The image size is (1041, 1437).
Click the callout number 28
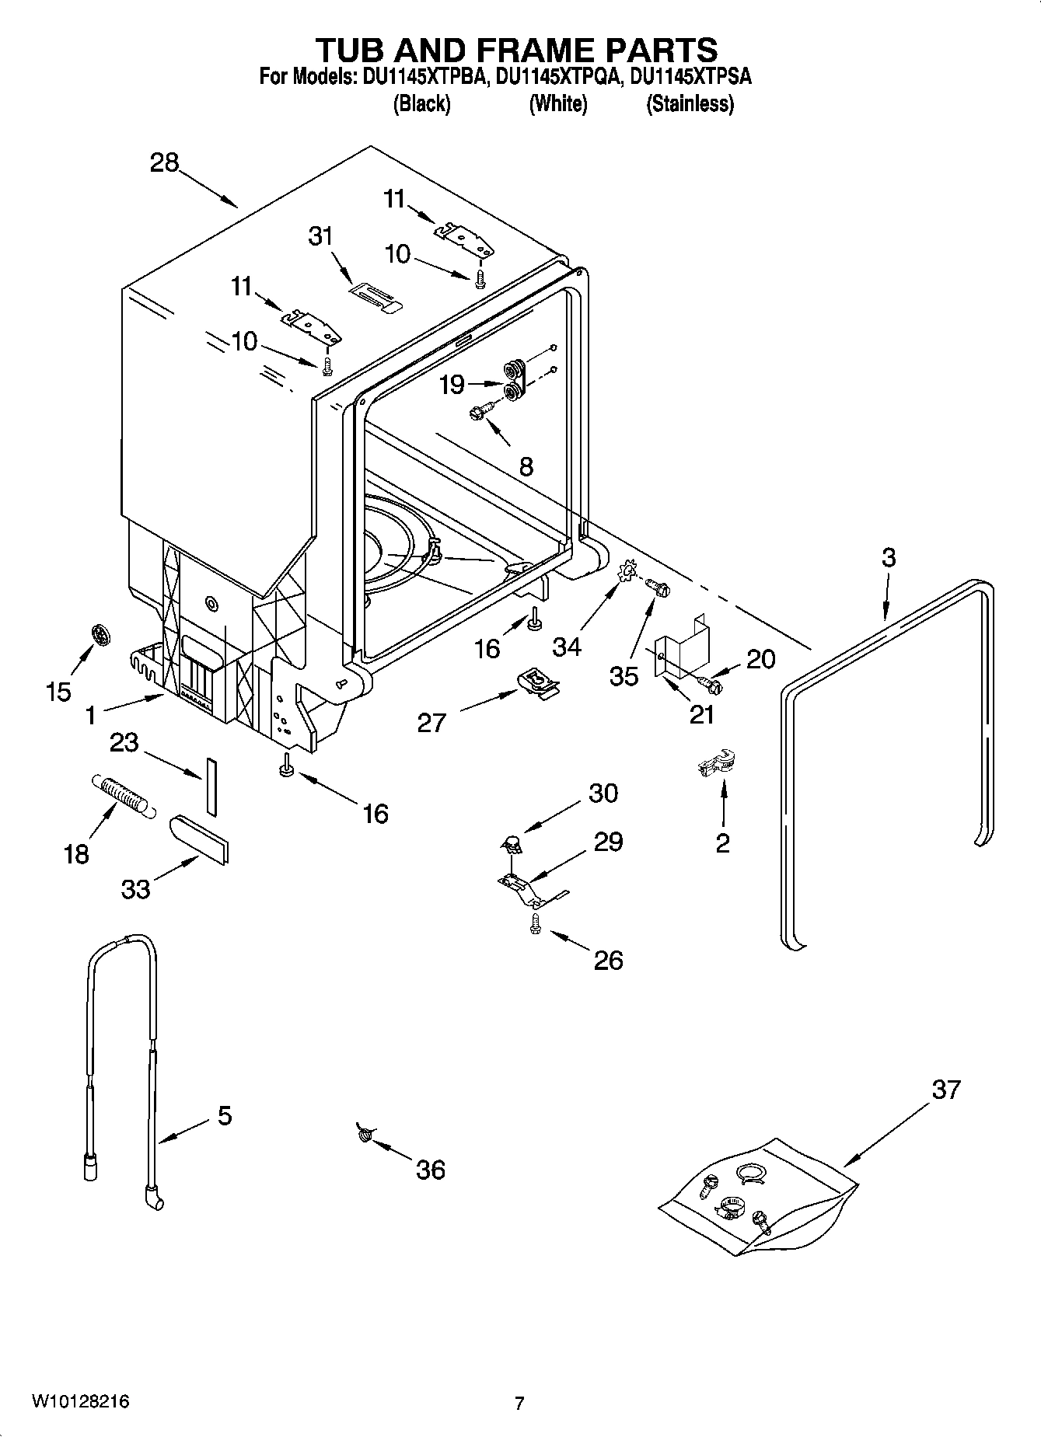pyautogui.click(x=165, y=164)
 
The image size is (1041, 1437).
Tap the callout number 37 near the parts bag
pyautogui.click(x=946, y=1090)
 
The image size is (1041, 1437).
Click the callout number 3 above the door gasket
pyautogui.click(x=889, y=557)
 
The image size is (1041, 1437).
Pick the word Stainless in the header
pyautogui.click(x=690, y=104)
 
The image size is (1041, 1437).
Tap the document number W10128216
pyautogui.click(x=80, y=1401)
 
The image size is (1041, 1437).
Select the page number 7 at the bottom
pyautogui.click(x=519, y=1404)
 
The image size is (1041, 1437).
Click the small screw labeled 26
pyautogui.click(x=535, y=923)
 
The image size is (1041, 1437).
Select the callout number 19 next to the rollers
pyautogui.click(x=452, y=385)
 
